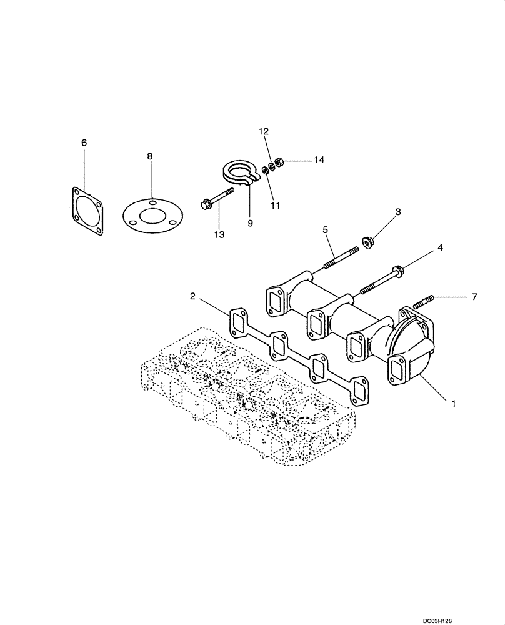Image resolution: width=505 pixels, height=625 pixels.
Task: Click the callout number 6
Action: click(84, 143)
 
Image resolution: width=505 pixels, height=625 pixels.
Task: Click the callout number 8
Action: click(150, 156)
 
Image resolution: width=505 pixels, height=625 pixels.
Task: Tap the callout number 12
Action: click(264, 131)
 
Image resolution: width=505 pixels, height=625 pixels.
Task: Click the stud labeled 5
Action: click(341, 257)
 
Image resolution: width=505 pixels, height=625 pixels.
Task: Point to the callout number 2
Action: click(193, 296)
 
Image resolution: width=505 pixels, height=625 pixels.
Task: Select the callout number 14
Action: click(319, 160)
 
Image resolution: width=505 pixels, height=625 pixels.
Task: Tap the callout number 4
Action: click(440, 248)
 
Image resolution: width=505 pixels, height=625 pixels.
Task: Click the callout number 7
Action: click(474, 297)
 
